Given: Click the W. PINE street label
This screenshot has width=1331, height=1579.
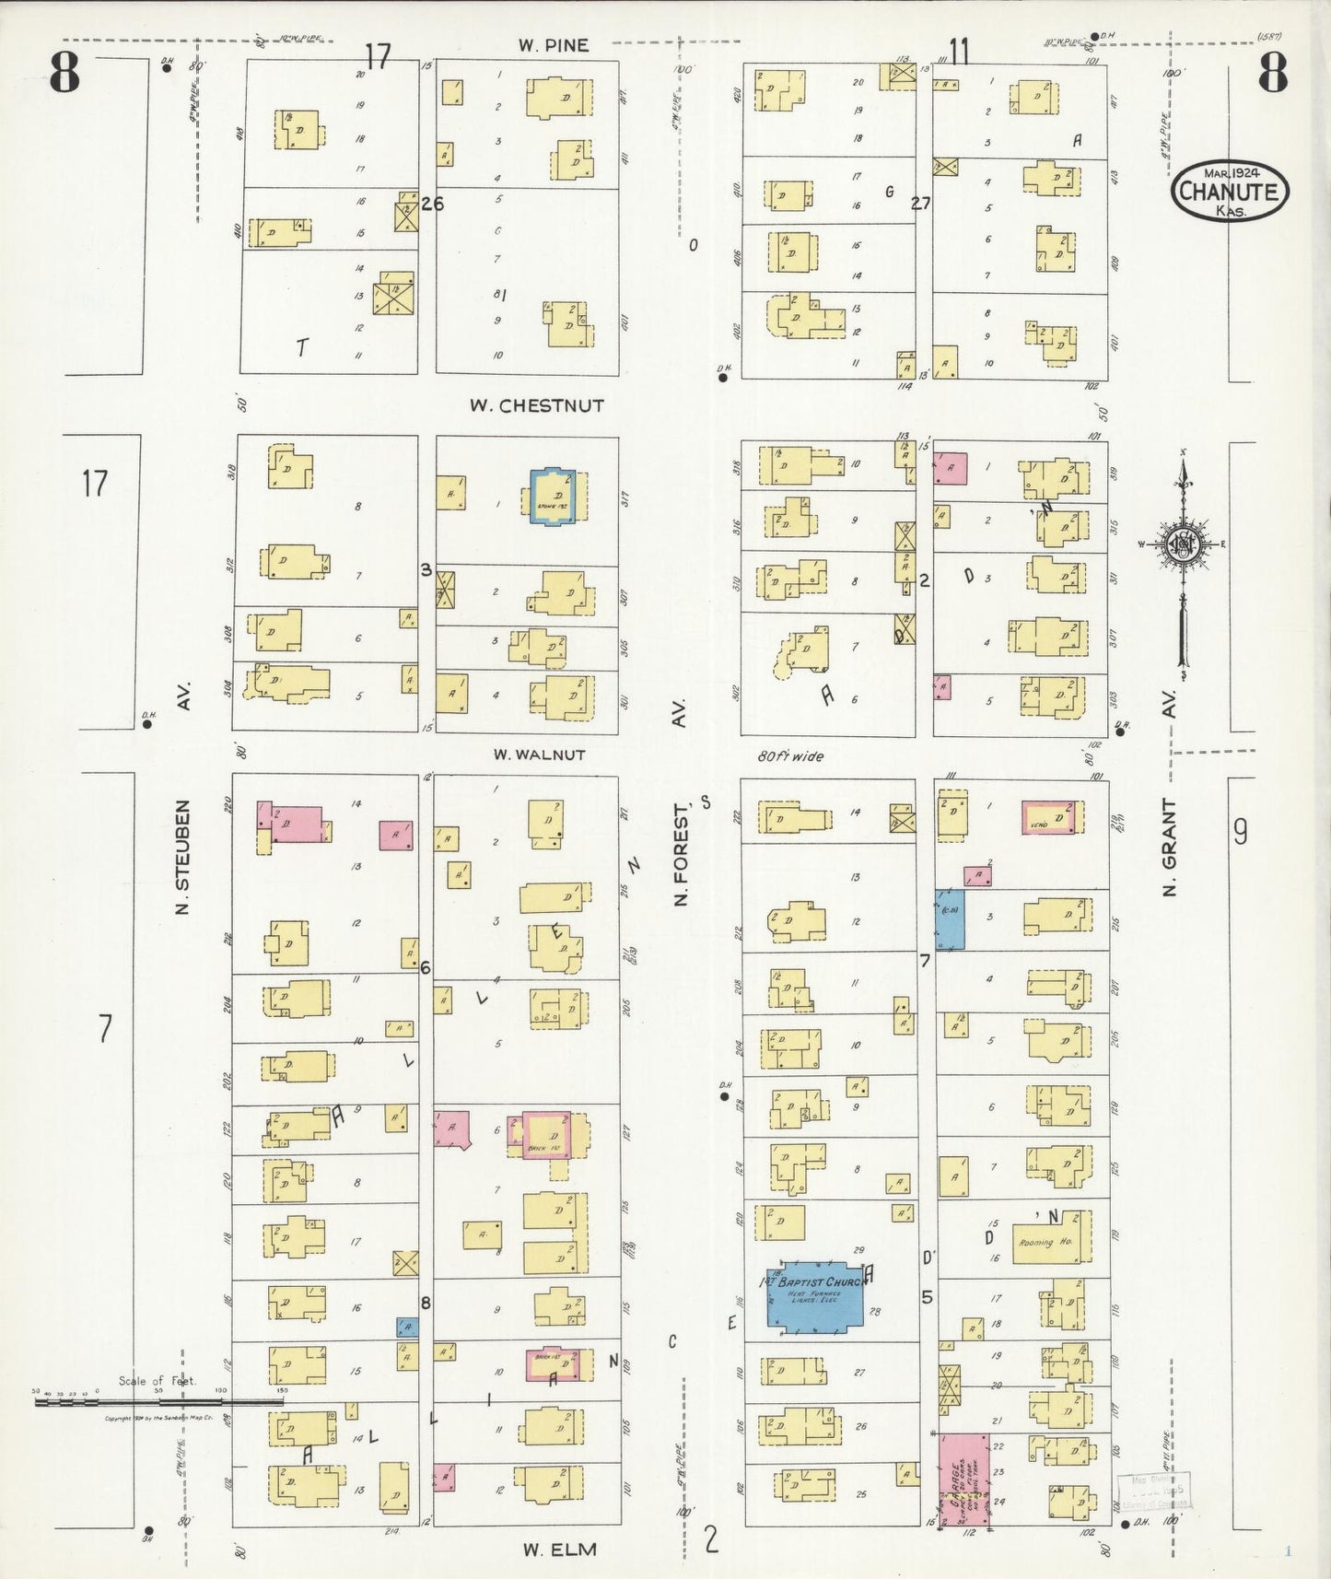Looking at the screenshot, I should [552, 44].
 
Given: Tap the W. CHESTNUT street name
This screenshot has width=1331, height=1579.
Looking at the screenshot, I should [537, 405].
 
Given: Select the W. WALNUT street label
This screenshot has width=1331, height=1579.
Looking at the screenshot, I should [539, 754].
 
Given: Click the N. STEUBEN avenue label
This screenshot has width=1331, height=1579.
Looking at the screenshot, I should [182, 857].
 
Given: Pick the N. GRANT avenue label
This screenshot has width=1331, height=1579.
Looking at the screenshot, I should [1170, 847].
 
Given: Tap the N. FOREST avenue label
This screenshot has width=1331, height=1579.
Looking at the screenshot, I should [681, 853].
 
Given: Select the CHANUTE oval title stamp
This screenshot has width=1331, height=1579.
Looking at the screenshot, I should [1230, 192].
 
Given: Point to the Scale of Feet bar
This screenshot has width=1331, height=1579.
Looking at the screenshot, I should [157, 1401].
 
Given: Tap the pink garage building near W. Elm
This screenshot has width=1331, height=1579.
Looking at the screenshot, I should [963, 1479].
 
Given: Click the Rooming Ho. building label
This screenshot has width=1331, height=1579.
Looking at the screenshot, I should [1045, 1243].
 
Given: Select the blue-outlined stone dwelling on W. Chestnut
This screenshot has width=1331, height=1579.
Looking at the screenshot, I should [558, 497].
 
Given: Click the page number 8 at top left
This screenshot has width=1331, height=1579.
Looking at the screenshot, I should [64, 75].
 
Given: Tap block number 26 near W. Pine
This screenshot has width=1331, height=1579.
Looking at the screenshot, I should [432, 204].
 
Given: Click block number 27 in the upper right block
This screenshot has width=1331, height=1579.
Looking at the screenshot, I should [920, 204].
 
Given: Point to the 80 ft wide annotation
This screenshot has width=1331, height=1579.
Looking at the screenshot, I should [790, 756].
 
